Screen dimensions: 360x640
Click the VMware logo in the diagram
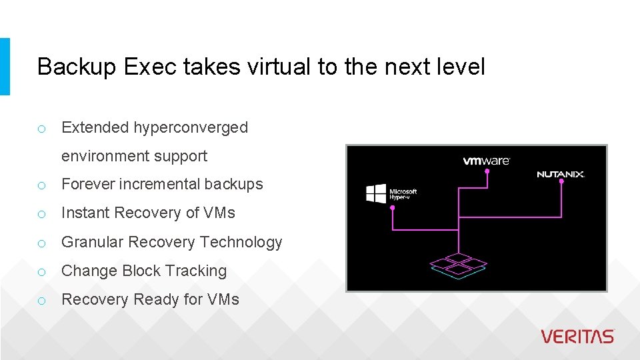(487, 161)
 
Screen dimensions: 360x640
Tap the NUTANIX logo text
(560, 175)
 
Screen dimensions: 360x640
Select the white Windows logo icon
(376, 193)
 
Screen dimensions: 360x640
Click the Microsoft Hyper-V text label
(403, 195)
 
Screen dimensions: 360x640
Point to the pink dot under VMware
(487, 171)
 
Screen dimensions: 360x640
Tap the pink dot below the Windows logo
(392, 207)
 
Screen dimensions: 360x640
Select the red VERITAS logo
(577, 337)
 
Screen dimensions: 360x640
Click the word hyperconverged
(191, 127)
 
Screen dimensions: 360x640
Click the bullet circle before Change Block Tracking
(41, 272)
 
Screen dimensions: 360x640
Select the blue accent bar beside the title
(5, 66)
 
